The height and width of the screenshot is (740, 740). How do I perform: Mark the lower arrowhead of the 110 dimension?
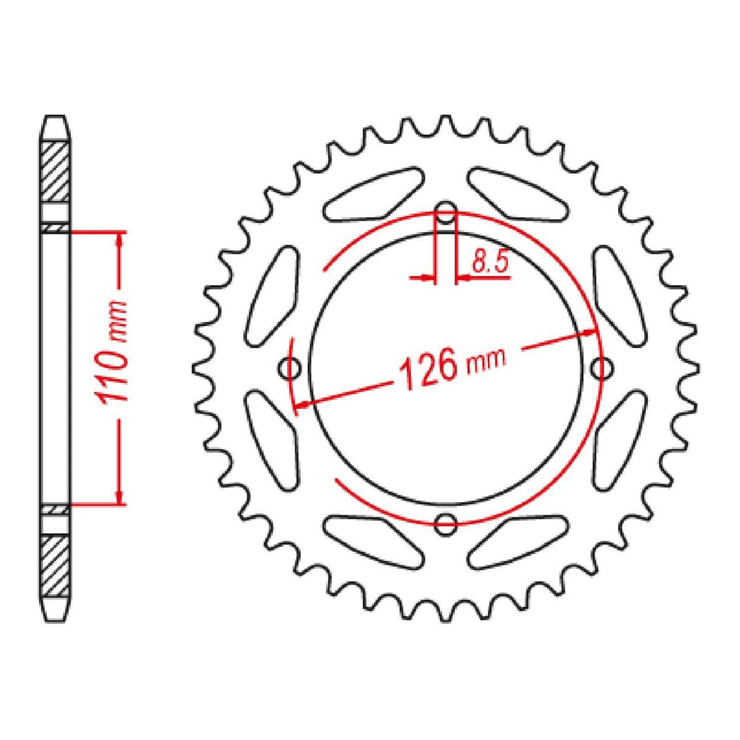coord(121,498)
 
